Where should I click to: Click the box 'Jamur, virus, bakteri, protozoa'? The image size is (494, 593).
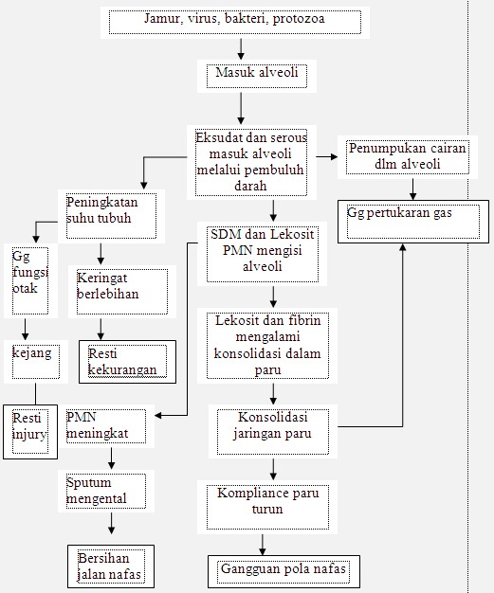(x=235, y=23)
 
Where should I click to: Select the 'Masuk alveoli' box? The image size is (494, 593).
(x=257, y=76)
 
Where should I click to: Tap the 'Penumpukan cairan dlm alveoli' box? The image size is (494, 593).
(x=408, y=157)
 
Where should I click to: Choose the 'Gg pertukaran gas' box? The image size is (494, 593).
(x=413, y=222)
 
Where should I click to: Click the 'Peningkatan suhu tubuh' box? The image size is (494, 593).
(x=111, y=216)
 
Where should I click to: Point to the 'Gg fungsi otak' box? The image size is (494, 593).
(x=30, y=280)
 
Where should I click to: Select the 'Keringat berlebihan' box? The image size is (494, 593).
(x=122, y=292)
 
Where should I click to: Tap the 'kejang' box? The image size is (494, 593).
(x=36, y=362)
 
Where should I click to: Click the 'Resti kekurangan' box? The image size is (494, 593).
(x=128, y=362)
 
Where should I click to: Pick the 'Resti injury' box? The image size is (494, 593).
(x=30, y=432)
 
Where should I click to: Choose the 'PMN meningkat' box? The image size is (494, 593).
(x=106, y=426)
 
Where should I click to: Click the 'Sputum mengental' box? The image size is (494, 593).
(x=106, y=491)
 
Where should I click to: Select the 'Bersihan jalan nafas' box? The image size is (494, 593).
(x=111, y=566)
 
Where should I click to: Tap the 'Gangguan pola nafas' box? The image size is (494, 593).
(x=284, y=571)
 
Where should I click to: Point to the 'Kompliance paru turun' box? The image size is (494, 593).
(x=267, y=507)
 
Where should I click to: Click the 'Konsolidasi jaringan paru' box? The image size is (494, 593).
(x=272, y=432)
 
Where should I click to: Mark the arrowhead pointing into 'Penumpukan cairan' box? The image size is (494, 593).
(x=334, y=156)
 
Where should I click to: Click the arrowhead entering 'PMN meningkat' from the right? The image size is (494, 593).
(x=158, y=416)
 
